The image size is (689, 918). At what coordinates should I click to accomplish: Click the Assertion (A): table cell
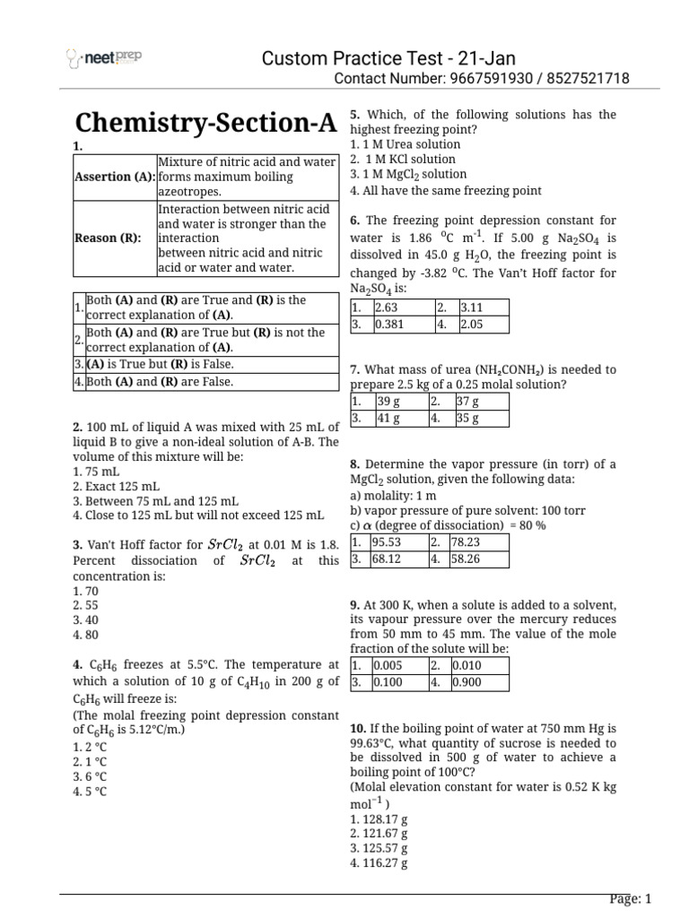(115, 177)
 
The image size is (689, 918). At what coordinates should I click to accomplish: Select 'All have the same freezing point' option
(446, 190)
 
